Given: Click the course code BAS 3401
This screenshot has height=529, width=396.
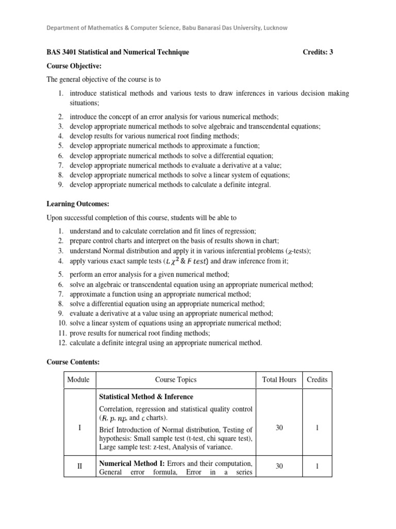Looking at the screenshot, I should [x=62, y=52].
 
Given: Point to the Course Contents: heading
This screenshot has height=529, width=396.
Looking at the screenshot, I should [x=73, y=363].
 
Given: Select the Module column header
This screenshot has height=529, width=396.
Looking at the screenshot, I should [x=78, y=380].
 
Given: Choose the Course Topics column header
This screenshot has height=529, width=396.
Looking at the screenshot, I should [x=176, y=380].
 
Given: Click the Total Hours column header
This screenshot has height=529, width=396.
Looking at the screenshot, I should [x=279, y=380].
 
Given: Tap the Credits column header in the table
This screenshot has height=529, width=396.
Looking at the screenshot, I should [x=317, y=380].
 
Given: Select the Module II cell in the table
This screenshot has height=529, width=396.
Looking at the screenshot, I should [x=79, y=466].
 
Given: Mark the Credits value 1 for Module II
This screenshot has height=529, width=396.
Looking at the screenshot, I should [x=317, y=466].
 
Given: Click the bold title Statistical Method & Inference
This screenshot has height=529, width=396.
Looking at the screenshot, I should [x=146, y=397].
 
